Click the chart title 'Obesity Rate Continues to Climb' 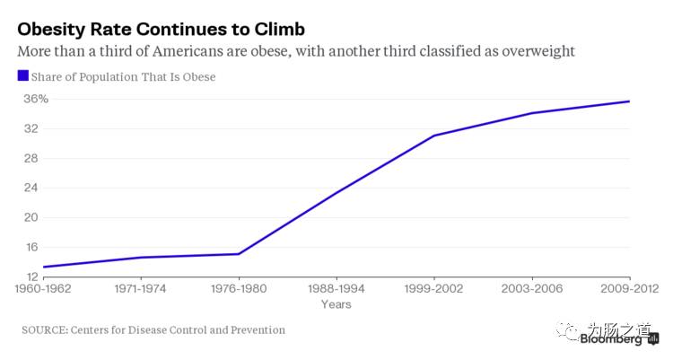[x=162, y=30]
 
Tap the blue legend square [x=23, y=75]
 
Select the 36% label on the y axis [x=36, y=99]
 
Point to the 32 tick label [x=31, y=128]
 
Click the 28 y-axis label [x=31, y=158]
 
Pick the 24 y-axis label [x=31, y=188]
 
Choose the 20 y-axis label [x=31, y=217]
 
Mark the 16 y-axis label [x=31, y=247]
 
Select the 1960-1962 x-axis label [x=43, y=288]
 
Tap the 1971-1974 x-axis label [x=140, y=288]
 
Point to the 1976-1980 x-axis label [x=239, y=288]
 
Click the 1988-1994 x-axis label [x=336, y=288]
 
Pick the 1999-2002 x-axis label [x=434, y=288]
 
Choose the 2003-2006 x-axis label [x=532, y=288]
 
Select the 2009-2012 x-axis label [x=629, y=288]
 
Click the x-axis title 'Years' [x=336, y=304]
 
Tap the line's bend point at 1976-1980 [x=239, y=254]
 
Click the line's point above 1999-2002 [x=434, y=136]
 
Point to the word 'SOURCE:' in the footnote [x=45, y=330]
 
